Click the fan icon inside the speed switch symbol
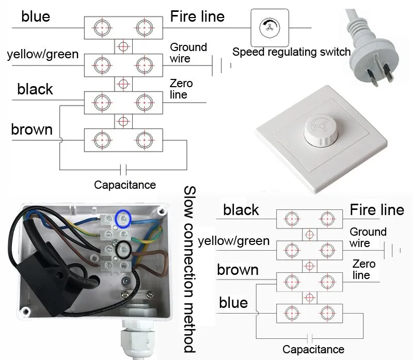tap(269, 27)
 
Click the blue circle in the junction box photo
tap(123, 219)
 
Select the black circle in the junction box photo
tap(123, 249)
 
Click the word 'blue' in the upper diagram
tap(36, 17)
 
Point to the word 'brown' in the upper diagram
tap(32, 129)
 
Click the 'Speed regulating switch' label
tap(291, 52)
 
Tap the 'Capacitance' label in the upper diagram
tap(125, 185)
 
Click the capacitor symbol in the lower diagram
tap(310, 338)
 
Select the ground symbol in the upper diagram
tap(221, 66)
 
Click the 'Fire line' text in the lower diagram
tap(377, 210)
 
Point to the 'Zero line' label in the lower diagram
tap(364, 269)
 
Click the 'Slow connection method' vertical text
tap(189, 269)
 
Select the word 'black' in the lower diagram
tap(241, 210)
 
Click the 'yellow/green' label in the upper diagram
tap(43, 55)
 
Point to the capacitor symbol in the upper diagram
tap(123, 170)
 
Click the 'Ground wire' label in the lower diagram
tap(368, 237)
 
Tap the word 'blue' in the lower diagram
tap(233, 303)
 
